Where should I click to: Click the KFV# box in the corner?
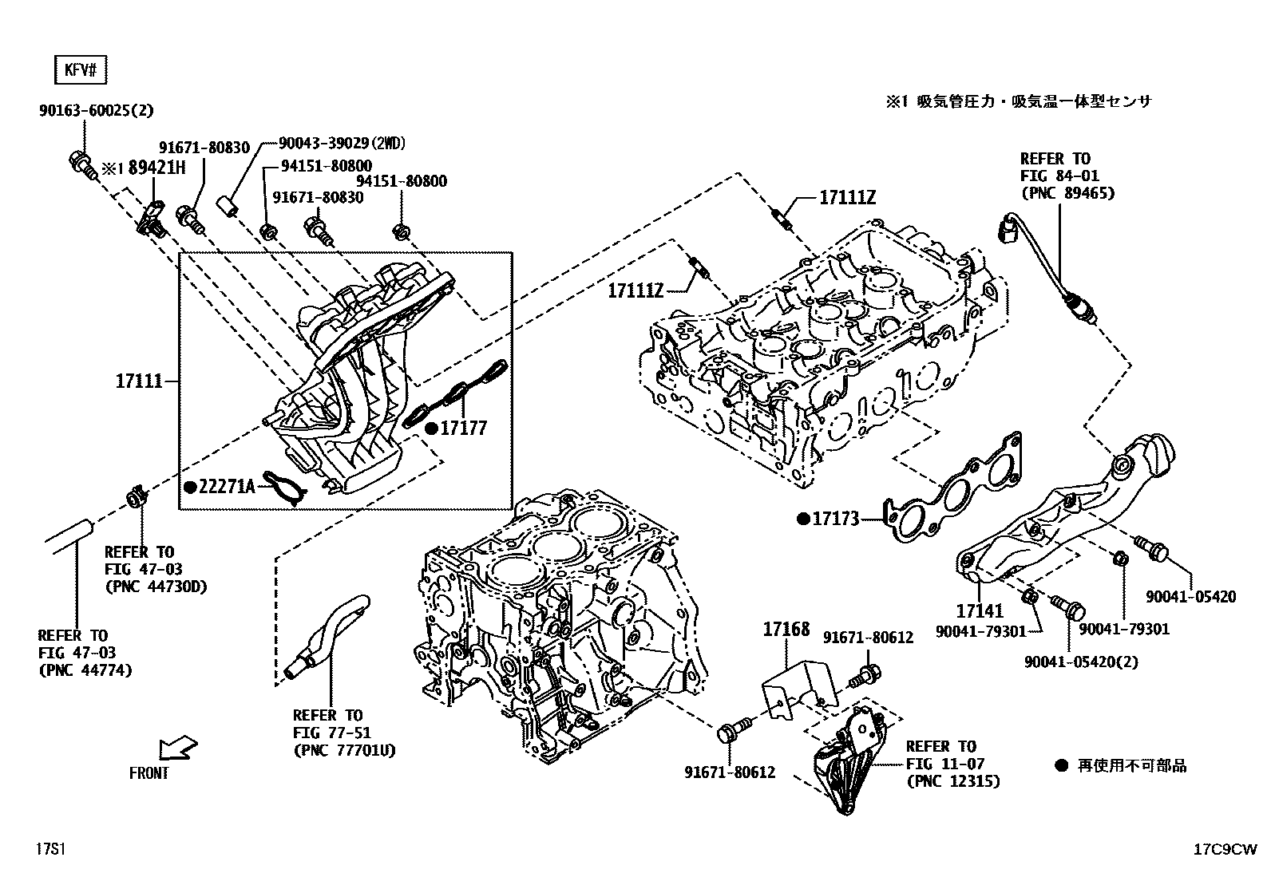click(80, 71)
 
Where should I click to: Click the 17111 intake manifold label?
click(139, 382)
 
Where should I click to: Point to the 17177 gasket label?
click(463, 429)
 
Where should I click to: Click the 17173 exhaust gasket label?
click(836, 519)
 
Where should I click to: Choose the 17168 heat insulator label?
click(786, 630)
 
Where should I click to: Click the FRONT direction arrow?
click(177, 749)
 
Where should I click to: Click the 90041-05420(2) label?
click(1081, 662)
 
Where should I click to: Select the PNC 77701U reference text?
click(344, 750)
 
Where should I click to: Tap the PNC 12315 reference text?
click(952, 781)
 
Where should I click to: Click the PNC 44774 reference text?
click(85, 670)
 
